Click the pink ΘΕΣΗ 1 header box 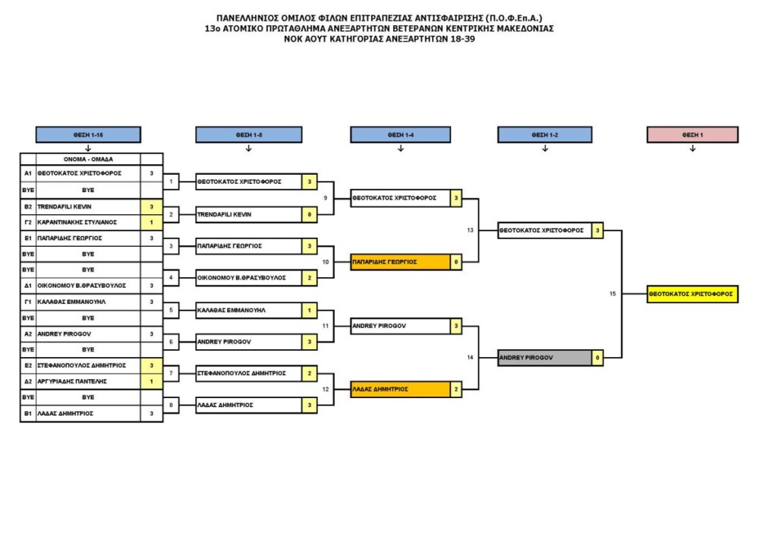(692, 134)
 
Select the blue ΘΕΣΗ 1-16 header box (88, 134)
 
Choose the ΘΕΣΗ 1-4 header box (400, 134)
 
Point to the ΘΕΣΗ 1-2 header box (544, 134)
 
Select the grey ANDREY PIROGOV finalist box (544, 357)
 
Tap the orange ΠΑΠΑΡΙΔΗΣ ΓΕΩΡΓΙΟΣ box (400, 261)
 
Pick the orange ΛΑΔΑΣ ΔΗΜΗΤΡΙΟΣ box (400, 389)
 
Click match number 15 (613, 294)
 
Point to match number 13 (470, 229)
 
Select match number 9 (326, 198)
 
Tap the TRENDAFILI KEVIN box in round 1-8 (248, 214)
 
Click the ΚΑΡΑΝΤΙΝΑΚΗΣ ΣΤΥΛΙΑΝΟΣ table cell (88, 222)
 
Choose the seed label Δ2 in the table (27, 381)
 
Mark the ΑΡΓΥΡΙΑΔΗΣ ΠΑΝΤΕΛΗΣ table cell (88, 381)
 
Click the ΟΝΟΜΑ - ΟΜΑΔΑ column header (88, 159)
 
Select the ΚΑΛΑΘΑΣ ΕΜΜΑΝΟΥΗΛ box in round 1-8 (248, 310)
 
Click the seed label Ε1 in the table (27, 238)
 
